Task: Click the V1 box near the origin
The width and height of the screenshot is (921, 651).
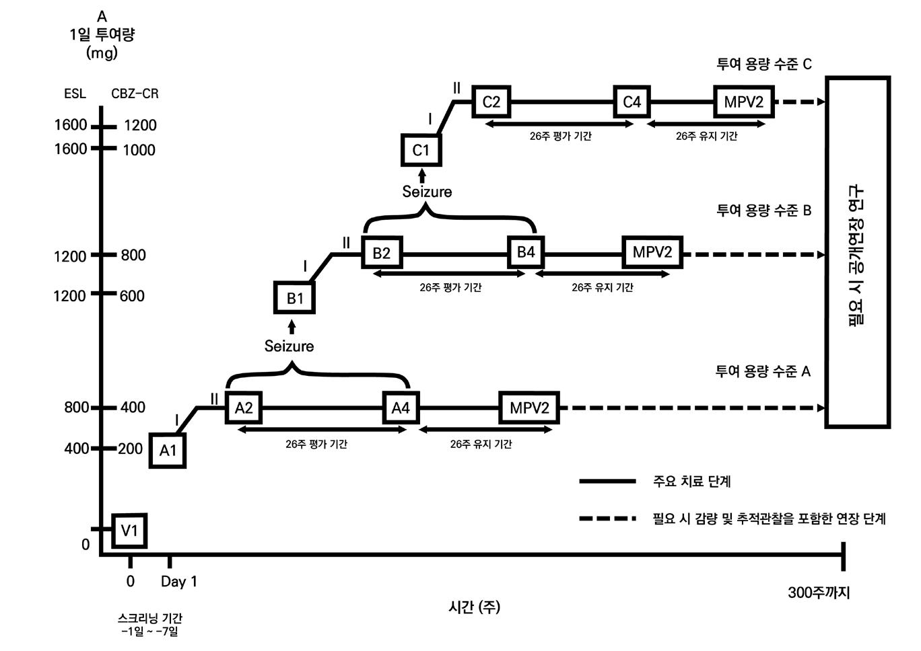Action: (129, 531)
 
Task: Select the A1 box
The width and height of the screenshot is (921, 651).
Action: (167, 450)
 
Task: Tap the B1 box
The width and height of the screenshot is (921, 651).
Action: (295, 298)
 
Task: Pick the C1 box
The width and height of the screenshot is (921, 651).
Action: (421, 150)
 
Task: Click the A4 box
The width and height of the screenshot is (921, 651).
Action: (401, 408)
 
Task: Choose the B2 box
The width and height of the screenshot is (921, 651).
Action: (382, 253)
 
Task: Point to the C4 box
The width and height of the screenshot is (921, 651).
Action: (632, 102)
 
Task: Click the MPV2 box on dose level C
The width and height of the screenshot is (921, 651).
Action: (744, 102)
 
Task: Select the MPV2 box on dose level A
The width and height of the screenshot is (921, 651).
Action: (529, 408)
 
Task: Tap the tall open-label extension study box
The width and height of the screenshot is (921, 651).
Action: (858, 252)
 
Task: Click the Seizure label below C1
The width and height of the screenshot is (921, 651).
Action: (427, 192)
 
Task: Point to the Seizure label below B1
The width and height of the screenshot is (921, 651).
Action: (289, 346)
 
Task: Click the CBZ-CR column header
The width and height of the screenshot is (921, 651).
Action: (135, 93)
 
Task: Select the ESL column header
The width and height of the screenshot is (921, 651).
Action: (75, 93)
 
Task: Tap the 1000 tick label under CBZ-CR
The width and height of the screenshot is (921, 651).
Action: (139, 150)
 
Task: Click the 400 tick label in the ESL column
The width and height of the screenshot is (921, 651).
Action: (76, 449)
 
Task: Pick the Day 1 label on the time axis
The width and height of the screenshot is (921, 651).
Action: (179, 582)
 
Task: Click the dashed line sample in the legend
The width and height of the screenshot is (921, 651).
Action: (607, 519)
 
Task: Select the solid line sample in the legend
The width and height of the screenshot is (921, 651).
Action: (607, 482)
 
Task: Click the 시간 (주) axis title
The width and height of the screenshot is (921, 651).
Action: (474, 607)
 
